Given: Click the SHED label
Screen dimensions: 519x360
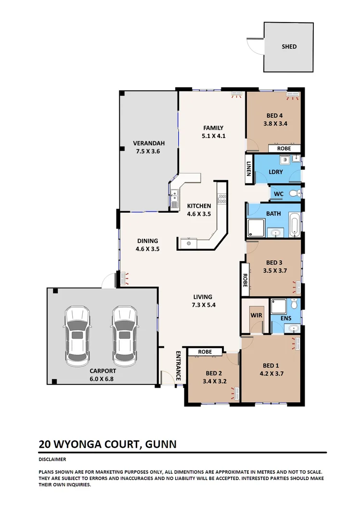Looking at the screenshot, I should (x=289, y=47).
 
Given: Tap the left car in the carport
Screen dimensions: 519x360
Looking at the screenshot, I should (x=77, y=335).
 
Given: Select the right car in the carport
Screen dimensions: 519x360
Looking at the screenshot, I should (x=125, y=335).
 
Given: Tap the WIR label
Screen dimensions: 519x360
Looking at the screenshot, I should (x=255, y=316).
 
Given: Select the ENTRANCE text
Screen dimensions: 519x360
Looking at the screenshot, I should (x=177, y=366).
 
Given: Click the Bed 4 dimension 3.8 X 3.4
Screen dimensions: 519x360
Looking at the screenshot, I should (x=275, y=124).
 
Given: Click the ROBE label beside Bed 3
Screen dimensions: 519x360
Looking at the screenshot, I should (x=244, y=280).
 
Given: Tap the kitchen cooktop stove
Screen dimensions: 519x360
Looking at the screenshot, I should (x=221, y=198).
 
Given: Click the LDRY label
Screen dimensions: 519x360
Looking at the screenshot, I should (x=275, y=172).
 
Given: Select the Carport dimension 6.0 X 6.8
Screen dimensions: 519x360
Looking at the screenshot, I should (x=103, y=379).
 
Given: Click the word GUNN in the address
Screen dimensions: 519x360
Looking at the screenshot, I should (x=161, y=444).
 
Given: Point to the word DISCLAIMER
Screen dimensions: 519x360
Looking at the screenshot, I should (x=52, y=460).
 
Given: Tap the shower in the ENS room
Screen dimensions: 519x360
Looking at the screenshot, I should (x=278, y=306).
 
